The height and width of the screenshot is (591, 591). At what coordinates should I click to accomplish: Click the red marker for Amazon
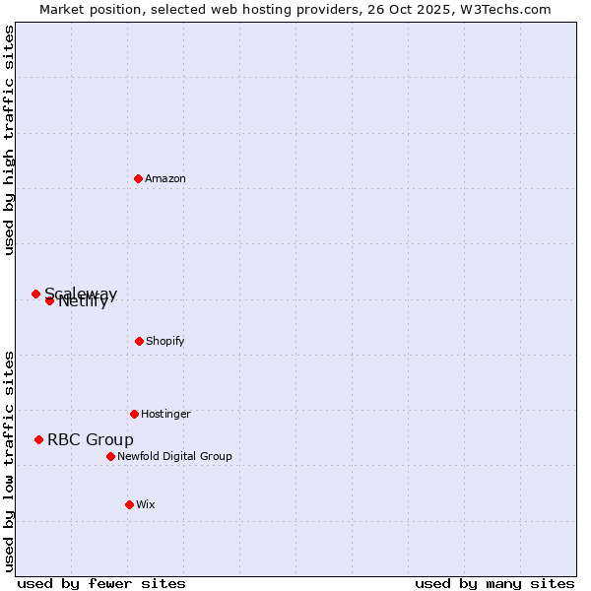[139, 178]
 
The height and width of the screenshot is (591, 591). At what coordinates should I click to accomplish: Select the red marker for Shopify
[139, 341]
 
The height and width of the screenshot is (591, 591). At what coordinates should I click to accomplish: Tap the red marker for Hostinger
[134, 414]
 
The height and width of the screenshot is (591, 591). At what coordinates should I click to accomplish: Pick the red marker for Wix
[129, 504]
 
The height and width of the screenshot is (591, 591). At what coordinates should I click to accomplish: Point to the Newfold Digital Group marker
[110, 456]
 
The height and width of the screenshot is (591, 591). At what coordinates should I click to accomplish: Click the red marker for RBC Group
[38, 439]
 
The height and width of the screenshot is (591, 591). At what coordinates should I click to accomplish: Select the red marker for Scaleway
[35, 294]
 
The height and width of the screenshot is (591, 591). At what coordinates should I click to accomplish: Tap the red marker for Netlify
[49, 300]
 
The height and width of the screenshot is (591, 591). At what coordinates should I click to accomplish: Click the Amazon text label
[165, 178]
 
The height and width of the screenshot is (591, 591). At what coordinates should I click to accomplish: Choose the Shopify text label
[165, 341]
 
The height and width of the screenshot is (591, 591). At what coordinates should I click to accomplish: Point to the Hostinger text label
[165, 414]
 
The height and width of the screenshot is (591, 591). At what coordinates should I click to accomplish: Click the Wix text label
[146, 504]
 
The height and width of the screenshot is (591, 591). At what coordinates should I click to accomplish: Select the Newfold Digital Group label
[174, 456]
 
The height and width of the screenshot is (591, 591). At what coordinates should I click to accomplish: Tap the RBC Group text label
[91, 439]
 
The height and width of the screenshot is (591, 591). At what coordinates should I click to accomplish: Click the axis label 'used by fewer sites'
[101, 583]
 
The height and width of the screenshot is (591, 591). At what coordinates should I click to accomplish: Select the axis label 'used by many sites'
[494, 583]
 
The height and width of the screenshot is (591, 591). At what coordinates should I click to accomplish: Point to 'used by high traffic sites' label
[9, 140]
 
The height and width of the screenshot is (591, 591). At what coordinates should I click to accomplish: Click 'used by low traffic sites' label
[9, 461]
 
